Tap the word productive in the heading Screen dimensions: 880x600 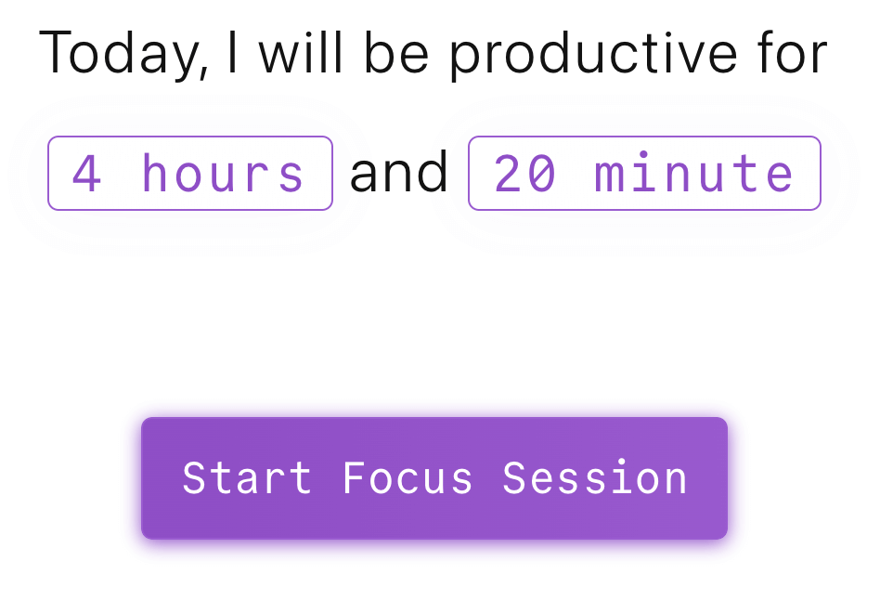593,55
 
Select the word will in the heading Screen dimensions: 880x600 300,52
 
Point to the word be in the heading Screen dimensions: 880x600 396,52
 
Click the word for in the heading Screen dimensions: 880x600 792,52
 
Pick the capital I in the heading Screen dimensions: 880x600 232,53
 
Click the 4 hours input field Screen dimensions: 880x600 190,173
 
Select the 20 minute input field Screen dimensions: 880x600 645,173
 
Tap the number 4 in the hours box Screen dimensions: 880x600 87,173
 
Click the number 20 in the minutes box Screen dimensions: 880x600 525,173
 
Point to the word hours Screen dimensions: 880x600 223,172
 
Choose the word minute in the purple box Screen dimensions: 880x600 693,172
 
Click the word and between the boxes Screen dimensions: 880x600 398,171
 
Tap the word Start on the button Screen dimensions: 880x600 247,477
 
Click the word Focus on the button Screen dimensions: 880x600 408,477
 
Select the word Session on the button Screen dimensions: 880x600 595,477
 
